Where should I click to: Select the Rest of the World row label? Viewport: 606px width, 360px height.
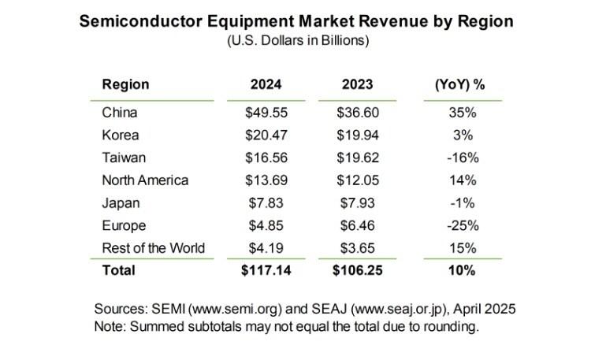154,248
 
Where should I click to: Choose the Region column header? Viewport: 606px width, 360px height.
125,84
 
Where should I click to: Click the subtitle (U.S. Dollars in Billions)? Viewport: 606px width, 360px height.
303,40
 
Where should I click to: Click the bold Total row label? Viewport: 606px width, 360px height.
119,270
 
